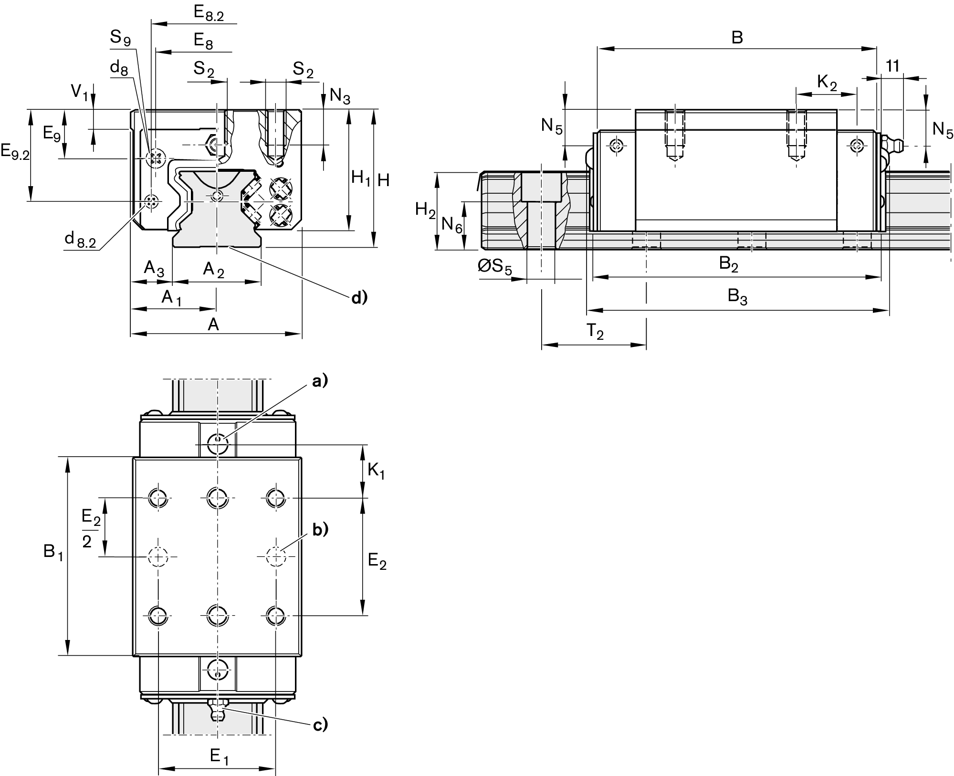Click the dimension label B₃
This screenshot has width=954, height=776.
coord(737,297)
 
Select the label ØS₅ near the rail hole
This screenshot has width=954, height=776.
coord(494,267)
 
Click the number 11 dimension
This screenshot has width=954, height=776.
coord(892,66)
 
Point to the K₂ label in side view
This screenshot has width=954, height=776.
coord(827,84)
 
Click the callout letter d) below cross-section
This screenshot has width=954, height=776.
coord(359,298)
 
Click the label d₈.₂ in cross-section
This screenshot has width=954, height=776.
coord(80,240)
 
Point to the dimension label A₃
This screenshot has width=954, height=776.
coord(154,269)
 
